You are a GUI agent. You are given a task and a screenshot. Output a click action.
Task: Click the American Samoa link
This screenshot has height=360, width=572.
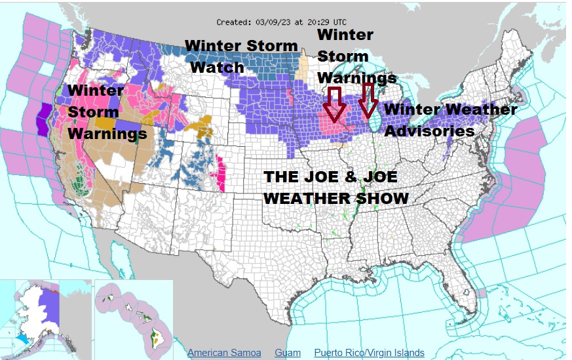[224, 353]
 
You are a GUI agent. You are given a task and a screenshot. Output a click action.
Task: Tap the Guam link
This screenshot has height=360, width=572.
[288, 353]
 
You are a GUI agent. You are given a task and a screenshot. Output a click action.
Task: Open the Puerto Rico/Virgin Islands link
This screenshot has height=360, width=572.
[369, 353]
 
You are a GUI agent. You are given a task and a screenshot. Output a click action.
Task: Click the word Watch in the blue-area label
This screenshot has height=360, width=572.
[217, 67]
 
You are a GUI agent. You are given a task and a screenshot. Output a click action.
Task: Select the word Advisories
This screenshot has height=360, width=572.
[429, 131]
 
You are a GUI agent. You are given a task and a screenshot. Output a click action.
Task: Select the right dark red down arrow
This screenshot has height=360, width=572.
[368, 99]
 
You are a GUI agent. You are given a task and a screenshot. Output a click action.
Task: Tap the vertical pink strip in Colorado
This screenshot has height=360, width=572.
[221, 172]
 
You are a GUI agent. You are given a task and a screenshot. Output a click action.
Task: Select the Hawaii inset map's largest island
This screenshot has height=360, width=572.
[156, 338]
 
